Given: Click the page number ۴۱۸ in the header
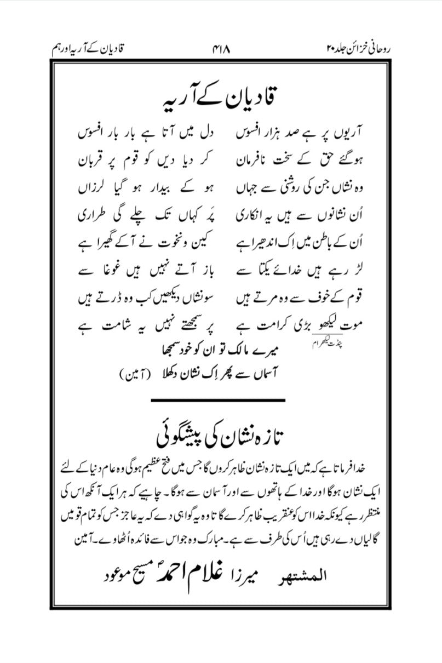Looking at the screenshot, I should [220, 50].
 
